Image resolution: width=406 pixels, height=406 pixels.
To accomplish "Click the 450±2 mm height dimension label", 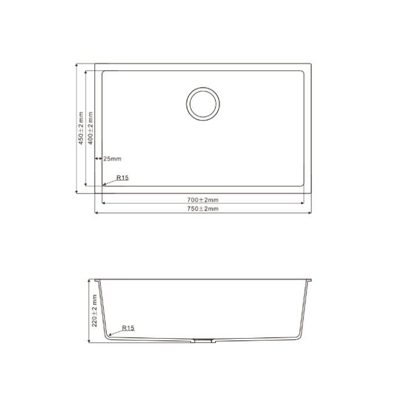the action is [x=81, y=128].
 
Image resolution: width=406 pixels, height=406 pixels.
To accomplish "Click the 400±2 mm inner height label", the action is [x=90, y=128].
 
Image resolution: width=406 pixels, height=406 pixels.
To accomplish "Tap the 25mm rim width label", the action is [x=112, y=159].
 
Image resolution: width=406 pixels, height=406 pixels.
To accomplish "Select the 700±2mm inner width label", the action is [x=203, y=200].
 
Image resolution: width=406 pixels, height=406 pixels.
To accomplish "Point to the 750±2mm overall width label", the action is [x=203, y=209].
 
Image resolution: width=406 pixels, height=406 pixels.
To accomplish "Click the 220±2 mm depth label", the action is [x=94, y=310].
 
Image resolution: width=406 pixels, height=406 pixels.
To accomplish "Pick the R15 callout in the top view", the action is [x=122, y=177].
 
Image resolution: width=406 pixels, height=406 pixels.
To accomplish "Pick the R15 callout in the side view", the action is [x=128, y=328].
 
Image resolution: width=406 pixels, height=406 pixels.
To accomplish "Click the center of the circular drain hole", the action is [x=203, y=104].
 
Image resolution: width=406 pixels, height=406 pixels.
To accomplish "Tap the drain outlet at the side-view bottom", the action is [x=203, y=340].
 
